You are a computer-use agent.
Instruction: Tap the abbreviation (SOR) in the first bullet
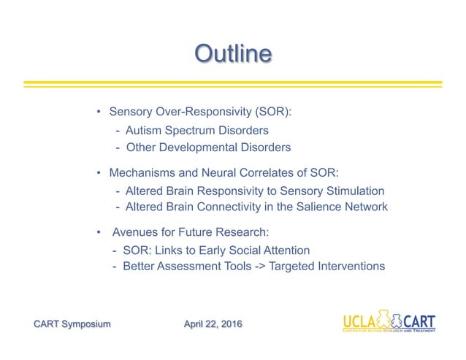[273, 112]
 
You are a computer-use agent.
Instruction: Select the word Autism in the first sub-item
[143, 131]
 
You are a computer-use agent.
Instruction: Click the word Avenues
[134, 233]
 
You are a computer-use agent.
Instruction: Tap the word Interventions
[351, 267]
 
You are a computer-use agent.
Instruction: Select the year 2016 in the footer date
[231, 323]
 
